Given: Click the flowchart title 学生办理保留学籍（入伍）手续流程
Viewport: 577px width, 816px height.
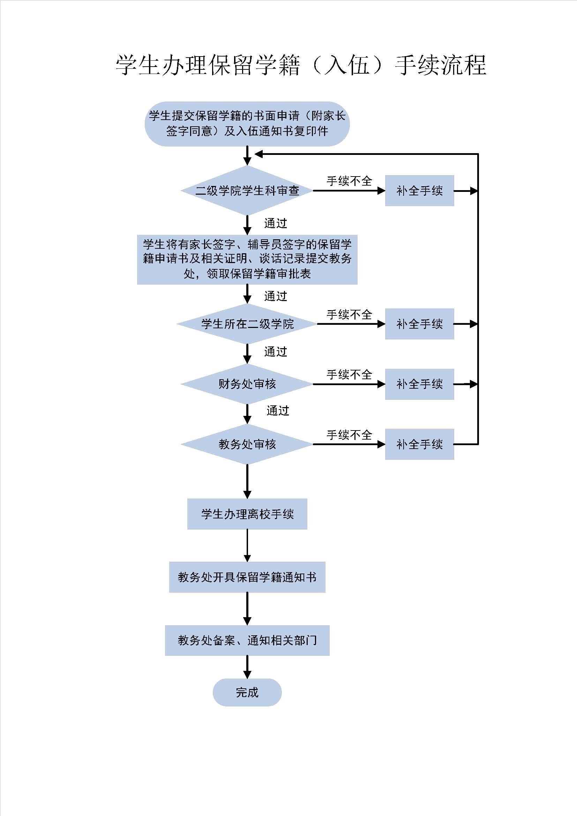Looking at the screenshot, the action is tap(301, 65).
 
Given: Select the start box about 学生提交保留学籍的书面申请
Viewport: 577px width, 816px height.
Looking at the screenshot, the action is tap(247, 124).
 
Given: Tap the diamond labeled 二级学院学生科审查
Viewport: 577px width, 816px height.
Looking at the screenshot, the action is tap(247, 190).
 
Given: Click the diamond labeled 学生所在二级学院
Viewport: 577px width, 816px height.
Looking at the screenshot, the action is tap(247, 324).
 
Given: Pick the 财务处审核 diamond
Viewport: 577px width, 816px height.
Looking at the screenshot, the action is tap(247, 384).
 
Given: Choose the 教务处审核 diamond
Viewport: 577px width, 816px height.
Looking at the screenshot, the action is tap(247, 444).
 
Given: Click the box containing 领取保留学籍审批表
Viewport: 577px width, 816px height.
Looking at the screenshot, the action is tap(247, 260).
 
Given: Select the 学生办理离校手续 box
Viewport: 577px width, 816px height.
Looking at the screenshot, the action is tap(247, 514).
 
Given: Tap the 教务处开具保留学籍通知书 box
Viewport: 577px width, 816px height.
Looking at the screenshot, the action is tap(247, 577).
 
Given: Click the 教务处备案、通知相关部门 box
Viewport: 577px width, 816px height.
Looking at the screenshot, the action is tap(247, 641).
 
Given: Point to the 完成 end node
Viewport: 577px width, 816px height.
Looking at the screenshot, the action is tap(247, 692).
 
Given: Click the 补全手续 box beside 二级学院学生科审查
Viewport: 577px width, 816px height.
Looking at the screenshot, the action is tap(420, 190).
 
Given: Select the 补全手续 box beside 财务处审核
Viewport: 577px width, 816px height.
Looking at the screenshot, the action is tap(420, 384).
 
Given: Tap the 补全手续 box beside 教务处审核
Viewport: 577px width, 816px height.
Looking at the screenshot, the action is tap(420, 444).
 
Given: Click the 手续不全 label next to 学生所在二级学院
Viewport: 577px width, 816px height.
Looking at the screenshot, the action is tap(349, 314).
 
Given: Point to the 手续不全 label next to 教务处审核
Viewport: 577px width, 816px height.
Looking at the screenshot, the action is tap(349, 435).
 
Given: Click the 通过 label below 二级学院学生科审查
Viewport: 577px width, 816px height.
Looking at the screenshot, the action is tap(275, 223).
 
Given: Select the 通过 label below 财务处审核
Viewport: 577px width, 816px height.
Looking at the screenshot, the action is tap(278, 411).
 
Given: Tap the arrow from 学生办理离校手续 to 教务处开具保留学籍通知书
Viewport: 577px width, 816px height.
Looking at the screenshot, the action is tap(247, 546).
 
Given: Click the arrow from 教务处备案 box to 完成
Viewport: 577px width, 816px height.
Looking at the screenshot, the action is tap(247, 667).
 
